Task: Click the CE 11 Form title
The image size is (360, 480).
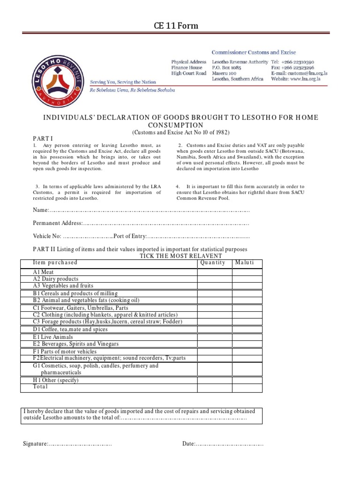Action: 180,26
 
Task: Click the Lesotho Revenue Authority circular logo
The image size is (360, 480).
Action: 56,82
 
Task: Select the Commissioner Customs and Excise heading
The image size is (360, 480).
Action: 254,52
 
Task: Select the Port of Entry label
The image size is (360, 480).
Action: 130,236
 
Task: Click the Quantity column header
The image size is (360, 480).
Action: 214,263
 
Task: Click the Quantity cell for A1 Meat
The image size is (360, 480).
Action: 214,272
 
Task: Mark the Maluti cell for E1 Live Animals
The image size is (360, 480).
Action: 247,337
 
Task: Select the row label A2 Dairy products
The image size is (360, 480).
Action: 55,279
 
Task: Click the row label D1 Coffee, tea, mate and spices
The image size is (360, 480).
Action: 67,330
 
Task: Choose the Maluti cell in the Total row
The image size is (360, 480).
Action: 247,387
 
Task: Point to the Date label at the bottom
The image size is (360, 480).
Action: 188,444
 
